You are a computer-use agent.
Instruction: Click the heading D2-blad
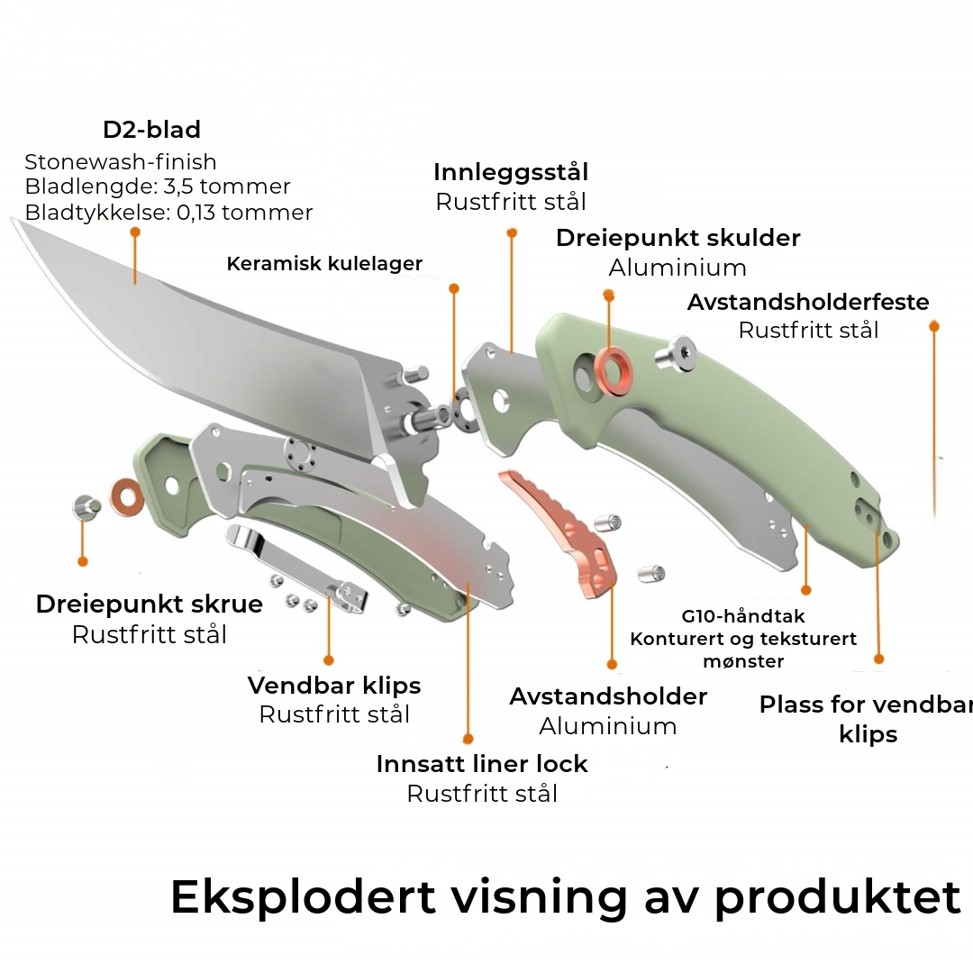click(151, 130)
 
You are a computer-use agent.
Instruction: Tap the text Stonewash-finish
click(121, 162)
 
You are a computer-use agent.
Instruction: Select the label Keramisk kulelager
click(324, 264)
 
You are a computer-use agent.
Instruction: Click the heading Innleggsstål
click(511, 172)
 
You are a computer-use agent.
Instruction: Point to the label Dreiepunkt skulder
click(677, 238)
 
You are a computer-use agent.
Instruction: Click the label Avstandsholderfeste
click(808, 302)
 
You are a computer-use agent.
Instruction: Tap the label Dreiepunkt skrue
click(150, 604)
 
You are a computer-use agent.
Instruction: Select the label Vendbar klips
click(334, 685)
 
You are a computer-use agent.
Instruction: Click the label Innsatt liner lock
click(482, 763)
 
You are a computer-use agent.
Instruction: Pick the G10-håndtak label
click(743, 617)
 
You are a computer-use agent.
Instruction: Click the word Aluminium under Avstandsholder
click(608, 726)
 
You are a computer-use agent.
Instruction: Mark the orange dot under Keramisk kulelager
click(454, 288)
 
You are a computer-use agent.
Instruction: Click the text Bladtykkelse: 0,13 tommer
click(169, 213)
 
